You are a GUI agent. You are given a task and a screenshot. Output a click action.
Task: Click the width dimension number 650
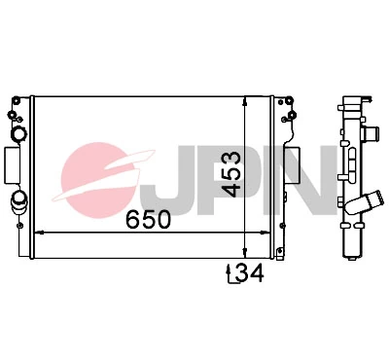pyautogui.click(x=148, y=219)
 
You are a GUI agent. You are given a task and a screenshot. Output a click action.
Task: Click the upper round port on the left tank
pyautogui.click(x=18, y=134)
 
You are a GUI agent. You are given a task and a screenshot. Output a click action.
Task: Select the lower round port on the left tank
pyautogui.click(x=19, y=201)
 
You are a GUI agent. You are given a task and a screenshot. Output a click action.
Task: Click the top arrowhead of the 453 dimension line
pyautogui.click(x=244, y=101)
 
